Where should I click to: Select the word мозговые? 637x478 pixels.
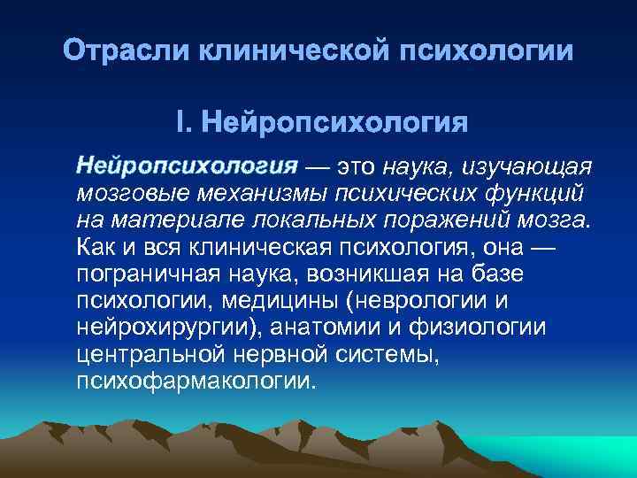tap(132, 193)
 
